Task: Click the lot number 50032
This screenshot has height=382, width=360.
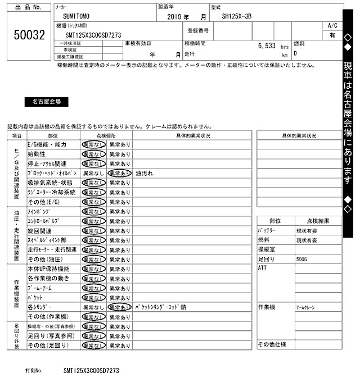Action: click(x=29, y=35)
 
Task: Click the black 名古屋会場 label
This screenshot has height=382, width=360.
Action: click(x=46, y=102)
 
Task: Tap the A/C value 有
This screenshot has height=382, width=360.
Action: click(x=332, y=35)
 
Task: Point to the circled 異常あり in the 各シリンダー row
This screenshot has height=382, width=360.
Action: click(x=119, y=307)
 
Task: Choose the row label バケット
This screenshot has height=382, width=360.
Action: click(x=35, y=298)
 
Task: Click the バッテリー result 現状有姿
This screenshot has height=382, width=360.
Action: click(x=307, y=231)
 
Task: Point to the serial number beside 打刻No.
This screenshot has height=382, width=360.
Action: click(x=91, y=371)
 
